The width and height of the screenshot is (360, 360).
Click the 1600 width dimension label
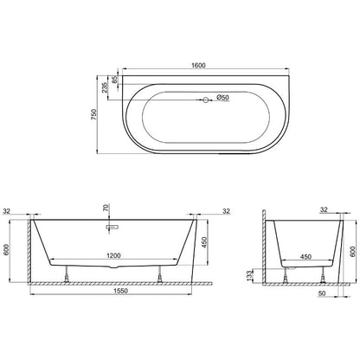click(x=198, y=66)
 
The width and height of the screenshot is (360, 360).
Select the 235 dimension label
click(x=104, y=87)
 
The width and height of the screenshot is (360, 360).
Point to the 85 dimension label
click(x=115, y=80)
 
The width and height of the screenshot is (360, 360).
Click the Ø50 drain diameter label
click(x=222, y=98)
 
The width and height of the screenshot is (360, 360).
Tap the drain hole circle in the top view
click(x=206, y=100)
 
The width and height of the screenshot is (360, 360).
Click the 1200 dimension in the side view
click(x=113, y=255)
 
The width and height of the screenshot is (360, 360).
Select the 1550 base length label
click(x=120, y=291)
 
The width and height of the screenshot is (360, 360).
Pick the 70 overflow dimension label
click(x=106, y=208)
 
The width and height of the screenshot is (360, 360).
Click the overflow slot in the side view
click(x=112, y=228)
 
